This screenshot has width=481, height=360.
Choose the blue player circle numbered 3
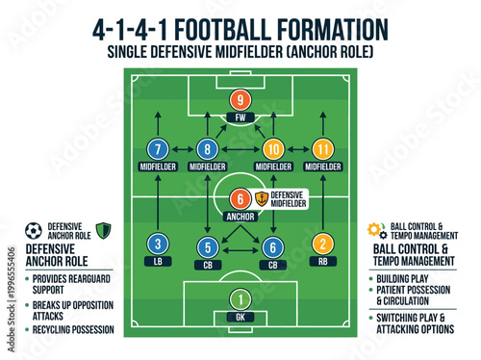click(x=159, y=244)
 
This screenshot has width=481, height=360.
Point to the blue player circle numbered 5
click(x=208, y=246)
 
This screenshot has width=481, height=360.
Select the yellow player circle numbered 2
click(x=322, y=244)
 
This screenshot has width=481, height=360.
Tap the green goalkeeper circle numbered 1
click(x=240, y=299)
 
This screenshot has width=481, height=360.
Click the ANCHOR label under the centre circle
click(x=240, y=216)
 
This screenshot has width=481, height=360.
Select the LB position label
click(x=159, y=261)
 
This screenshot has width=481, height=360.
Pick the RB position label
click(x=322, y=261)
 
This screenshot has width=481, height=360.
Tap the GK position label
click(x=240, y=317)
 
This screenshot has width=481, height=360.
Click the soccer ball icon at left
click(x=35, y=231)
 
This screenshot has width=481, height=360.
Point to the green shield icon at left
click(x=104, y=231)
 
